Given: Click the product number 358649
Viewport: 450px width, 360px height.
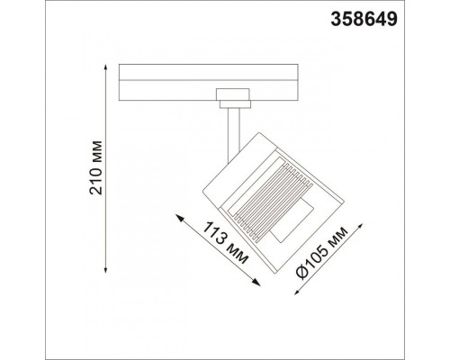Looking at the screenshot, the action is pyautogui.click(x=364, y=20).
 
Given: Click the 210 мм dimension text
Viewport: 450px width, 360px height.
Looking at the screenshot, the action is pyautogui.click(x=96, y=167).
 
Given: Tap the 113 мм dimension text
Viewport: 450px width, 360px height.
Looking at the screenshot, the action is pyautogui.click(x=226, y=243).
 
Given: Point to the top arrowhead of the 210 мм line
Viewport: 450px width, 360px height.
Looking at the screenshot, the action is pyautogui.click(x=105, y=67).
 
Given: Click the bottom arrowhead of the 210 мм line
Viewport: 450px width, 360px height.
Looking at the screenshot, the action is pyautogui.click(x=105, y=270).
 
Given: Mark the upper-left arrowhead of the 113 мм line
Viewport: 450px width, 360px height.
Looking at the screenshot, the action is pyautogui.click(x=179, y=217).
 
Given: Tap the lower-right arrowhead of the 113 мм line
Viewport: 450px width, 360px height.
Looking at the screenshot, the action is pyautogui.click(x=256, y=283).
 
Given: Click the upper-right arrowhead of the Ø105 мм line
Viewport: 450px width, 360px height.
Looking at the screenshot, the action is pyautogui.click(x=361, y=226).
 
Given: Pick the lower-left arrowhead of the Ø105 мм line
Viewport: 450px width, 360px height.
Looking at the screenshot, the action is pyautogui.click(x=297, y=292).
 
